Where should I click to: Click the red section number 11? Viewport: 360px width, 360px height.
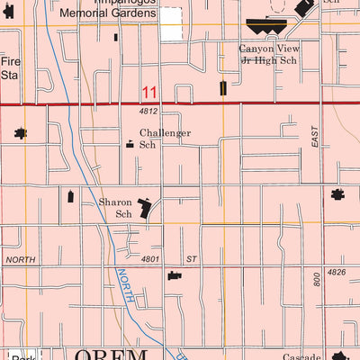[149, 93]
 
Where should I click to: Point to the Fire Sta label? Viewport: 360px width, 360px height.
[9, 69]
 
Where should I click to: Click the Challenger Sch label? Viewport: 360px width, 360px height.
[164, 139]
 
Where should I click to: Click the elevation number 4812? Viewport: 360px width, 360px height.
[148, 112]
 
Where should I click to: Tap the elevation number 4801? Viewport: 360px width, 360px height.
[150, 259]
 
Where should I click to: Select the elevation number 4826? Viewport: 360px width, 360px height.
[337, 272]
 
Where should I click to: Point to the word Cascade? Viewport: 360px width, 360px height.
[301, 356]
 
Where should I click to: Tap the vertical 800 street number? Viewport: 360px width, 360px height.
[316, 279]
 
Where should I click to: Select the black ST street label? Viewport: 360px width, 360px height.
[191, 259]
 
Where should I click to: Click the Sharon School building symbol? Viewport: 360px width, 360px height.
[145, 209]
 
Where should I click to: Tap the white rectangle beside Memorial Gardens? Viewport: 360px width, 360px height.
[170, 24]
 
